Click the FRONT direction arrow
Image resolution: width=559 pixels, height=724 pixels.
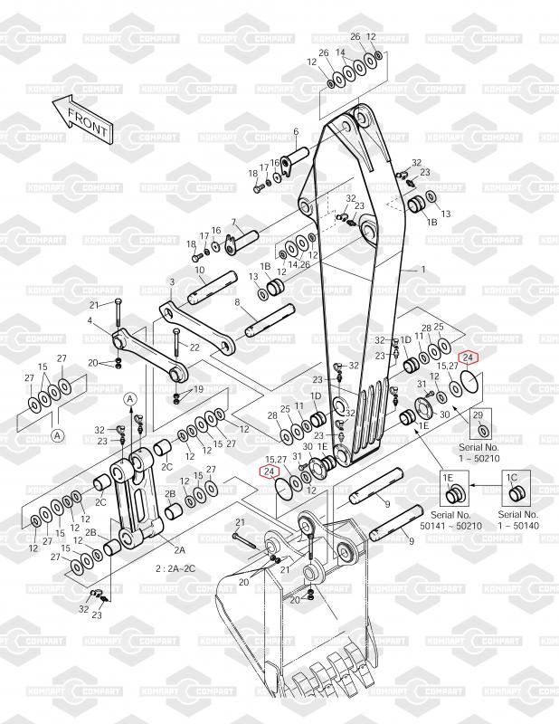[82, 119]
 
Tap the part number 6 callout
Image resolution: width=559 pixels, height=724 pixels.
[296, 131]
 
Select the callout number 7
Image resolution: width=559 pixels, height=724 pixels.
[233, 223]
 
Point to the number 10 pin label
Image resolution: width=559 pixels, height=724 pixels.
[200, 270]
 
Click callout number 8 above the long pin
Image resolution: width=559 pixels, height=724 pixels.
[237, 302]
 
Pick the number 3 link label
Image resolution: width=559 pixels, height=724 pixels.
[172, 281]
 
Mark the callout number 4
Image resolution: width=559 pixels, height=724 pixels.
[90, 320]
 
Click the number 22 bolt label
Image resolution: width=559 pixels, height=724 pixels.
[194, 347]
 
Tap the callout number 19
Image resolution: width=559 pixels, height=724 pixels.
[198, 389]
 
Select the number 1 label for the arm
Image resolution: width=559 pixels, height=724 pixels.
[423, 269]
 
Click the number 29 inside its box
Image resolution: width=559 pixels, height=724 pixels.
[478, 415]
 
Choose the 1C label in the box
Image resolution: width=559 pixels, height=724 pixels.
[512, 478]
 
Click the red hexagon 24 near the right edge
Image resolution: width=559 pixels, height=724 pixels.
[468, 357]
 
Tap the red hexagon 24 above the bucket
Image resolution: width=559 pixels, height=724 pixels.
[270, 471]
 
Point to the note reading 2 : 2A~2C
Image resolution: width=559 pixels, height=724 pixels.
[175, 568]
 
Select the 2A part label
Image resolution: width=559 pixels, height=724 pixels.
[180, 549]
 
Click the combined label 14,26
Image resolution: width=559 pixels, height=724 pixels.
[298, 264]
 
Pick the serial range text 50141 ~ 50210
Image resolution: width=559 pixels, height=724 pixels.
[451, 526]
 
